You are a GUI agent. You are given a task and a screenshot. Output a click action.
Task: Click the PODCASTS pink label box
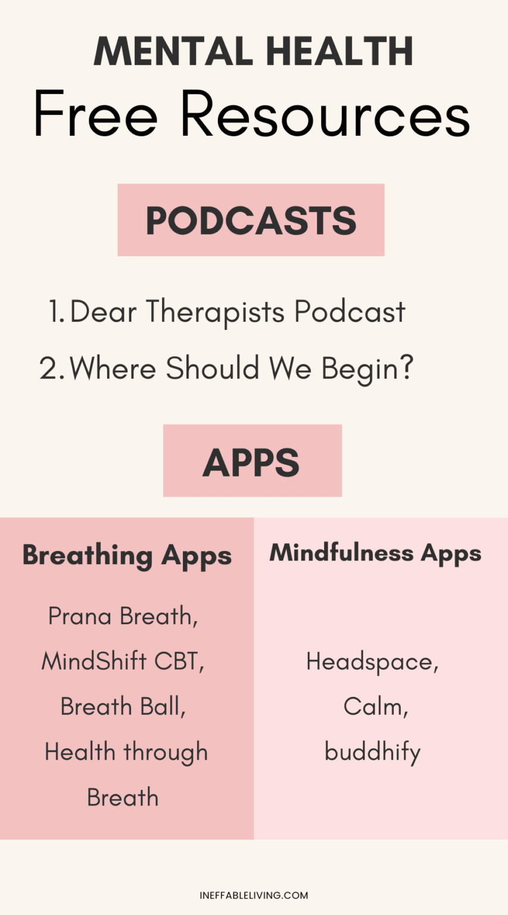point(251,220)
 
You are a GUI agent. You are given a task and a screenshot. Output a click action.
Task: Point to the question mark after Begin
point(406,369)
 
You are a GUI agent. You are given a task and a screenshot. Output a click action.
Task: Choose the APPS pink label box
point(252,461)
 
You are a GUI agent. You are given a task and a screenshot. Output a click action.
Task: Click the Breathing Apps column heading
point(127,556)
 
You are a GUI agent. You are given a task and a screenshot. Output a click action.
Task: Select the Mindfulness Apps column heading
point(375,553)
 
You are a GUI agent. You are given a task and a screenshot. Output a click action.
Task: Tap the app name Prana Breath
point(123,616)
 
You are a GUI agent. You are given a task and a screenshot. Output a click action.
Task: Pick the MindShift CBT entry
point(123,661)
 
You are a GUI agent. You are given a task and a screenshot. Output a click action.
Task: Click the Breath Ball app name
point(123,707)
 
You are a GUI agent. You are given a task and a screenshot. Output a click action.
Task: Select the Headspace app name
point(372,662)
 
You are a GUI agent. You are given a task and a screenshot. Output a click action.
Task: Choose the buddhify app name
point(373,752)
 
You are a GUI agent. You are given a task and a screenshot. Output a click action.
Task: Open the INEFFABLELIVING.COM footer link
point(254,895)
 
